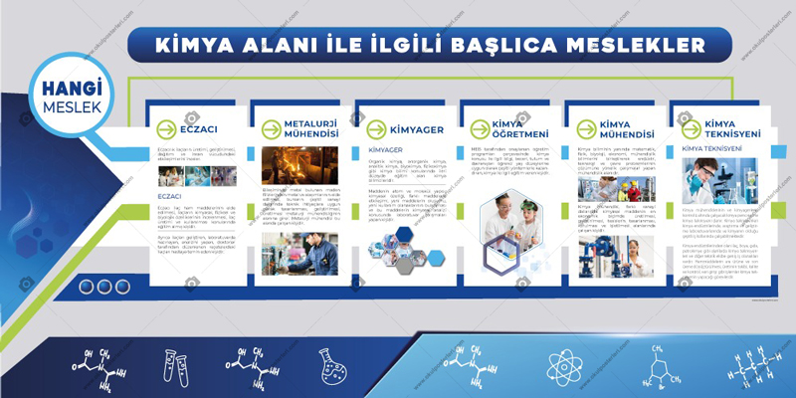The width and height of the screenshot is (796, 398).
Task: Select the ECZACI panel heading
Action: click(199, 128)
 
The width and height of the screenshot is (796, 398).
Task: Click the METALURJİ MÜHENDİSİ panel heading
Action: click(303, 128)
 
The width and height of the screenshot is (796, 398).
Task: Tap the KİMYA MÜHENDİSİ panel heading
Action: click(615, 128)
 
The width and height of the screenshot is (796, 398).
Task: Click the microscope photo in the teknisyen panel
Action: click(719, 178)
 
